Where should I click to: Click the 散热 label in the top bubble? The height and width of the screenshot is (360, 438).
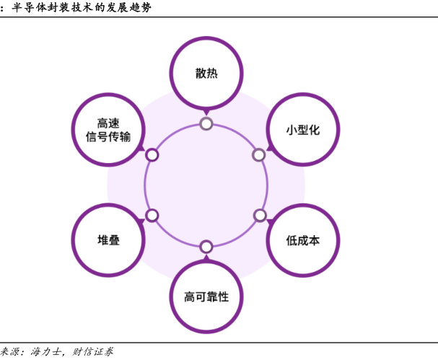[206, 74]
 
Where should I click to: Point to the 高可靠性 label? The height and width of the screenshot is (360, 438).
[206, 297]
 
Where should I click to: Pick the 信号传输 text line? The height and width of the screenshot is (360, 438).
[108, 137]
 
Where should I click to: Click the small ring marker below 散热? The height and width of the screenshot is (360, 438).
[206, 123]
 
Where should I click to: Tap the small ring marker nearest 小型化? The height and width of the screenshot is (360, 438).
[259, 154]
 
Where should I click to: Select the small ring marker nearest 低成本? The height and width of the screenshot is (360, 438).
[260, 215]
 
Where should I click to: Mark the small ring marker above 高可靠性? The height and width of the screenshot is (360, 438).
[206, 246]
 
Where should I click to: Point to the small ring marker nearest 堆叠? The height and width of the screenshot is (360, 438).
[152, 215]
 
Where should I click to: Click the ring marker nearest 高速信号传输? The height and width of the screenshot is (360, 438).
[152, 154]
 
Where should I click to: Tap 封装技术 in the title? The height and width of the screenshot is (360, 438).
[74, 7]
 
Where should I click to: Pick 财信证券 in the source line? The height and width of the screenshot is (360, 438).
[93, 352]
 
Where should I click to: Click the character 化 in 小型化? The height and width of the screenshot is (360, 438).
[314, 131]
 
